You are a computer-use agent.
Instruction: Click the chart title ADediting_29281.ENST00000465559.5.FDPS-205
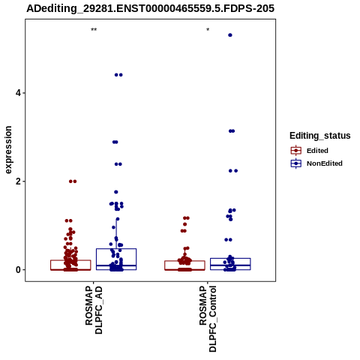(150, 9)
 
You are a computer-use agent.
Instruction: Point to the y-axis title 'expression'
(8, 150)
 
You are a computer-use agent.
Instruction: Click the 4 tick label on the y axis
(18, 93)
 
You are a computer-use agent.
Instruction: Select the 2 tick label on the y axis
(18, 181)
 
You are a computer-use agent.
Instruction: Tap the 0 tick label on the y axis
(18, 270)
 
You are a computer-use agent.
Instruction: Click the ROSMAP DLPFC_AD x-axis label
(94, 310)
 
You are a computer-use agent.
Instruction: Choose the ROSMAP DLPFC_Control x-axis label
(208, 319)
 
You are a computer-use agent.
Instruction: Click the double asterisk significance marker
(94, 29)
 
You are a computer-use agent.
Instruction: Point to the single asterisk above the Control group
(208, 29)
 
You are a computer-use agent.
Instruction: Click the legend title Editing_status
(320, 136)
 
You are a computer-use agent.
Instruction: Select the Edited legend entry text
(317, 151)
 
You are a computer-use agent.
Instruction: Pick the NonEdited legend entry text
(325, 163)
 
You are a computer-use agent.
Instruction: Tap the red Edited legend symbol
(296, 151)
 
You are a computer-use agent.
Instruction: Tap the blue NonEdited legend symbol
(296, 163)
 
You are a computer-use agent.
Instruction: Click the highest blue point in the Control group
(230, 35)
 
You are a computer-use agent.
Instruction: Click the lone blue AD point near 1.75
(116, 192)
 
